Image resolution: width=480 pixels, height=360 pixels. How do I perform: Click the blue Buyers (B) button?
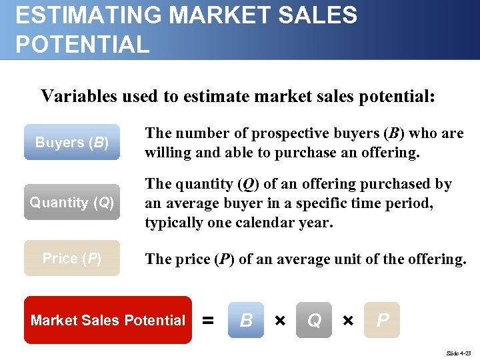(x=72, y=142)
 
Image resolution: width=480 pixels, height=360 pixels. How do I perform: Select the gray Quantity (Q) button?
(x=72, y=202)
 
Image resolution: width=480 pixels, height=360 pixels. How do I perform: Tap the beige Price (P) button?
(x=72, y=258)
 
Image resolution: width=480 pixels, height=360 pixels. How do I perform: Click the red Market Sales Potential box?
(x=108, y=320)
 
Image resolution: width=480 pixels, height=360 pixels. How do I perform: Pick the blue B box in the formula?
(x=246, y=321)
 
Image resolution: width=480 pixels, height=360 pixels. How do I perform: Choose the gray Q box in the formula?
(x=314, y=321)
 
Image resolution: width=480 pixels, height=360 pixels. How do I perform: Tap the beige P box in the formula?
(x=383, y=321)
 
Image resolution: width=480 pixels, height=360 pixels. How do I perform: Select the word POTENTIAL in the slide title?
(x=83, y=45)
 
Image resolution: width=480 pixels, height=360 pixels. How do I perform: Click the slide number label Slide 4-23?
(x=457, y=351)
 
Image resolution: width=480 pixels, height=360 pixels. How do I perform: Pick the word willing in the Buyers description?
(x=166, y=153)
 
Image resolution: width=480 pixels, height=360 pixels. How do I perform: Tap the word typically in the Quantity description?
(x=175, y=222)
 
